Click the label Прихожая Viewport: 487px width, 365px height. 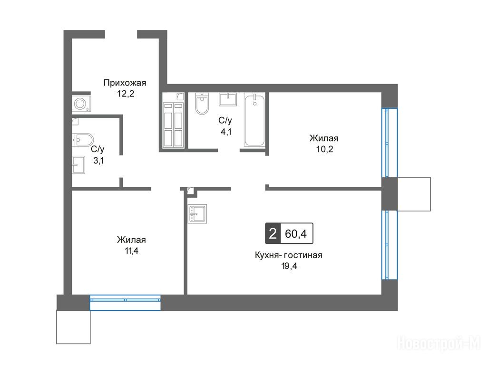pos(125,83)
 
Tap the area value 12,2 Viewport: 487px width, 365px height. pos(126,94)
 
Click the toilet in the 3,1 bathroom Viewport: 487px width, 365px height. pos(83,140)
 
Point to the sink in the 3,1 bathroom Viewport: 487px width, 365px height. pos(78,164)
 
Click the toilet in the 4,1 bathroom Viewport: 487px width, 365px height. pos(202,103)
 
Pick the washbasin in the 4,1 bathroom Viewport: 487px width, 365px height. pos(228,99)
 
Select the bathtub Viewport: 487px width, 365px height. pos(254,119)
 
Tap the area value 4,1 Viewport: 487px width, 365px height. pos(226,132)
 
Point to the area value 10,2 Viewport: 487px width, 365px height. pos(324,149)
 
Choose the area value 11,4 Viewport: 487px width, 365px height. pos(132,251)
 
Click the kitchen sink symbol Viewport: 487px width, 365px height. pos(197,214)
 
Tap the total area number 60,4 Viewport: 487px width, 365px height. pos(296,233)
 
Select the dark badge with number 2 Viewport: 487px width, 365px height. pos(273,233)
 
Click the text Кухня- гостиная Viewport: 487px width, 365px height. pos(289,255)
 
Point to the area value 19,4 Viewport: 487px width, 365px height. pos(289,266)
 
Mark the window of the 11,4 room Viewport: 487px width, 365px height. pos(125,303)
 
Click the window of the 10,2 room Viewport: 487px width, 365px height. pos(390,143)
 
